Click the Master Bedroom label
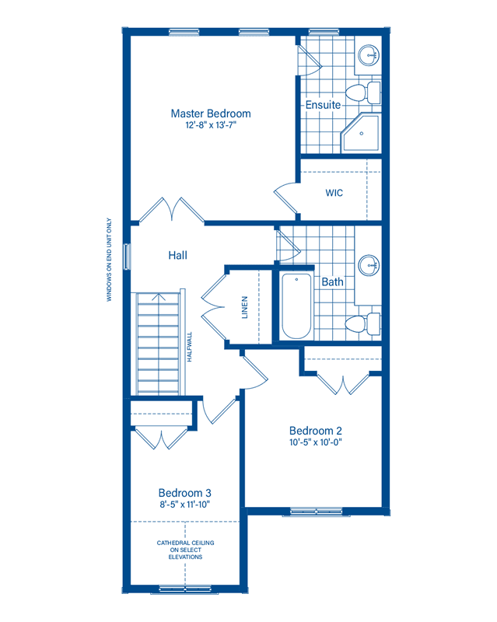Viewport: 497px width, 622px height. (x=211, y=114)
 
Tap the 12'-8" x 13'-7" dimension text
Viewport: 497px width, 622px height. (x=211, y=125)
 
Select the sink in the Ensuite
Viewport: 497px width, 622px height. (x=369, y=55)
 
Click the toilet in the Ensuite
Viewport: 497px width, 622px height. (x=362, y=93)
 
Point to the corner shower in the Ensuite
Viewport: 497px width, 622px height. (x=361, y=132)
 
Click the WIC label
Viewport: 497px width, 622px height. (x=334, y=193)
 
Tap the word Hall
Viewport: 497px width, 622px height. (x=177, y=255)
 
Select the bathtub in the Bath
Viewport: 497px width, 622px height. (x=296, y=306)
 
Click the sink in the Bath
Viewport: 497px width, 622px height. (x=369, y=265)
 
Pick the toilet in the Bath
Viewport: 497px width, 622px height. (x=362, y=323)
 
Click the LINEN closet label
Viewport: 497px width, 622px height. (x=244, y=307)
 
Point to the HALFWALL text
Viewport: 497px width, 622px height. (x=189, y=347)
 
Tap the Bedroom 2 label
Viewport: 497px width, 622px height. (x=315, y=431)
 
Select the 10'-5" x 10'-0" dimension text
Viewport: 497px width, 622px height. (x=315, y=442)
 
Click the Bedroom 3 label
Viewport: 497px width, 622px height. (x=184, y=493)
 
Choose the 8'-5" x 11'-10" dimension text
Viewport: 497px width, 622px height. (x=184, y=505)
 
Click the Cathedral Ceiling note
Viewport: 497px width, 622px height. (x=185, y=550)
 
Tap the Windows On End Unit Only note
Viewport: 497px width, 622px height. (x=109, y=260)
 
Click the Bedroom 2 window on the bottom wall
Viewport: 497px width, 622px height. (x=316, y=512)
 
